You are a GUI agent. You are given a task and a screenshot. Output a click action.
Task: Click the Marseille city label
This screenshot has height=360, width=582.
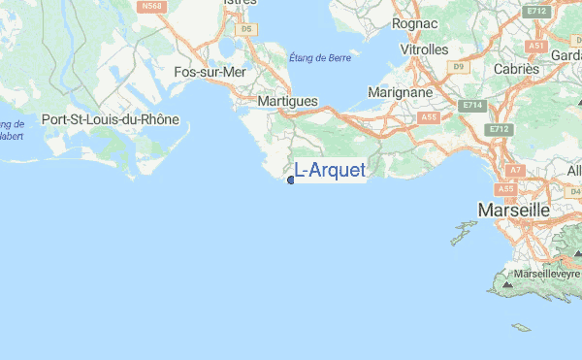pyautogui.click(x=513, y=210)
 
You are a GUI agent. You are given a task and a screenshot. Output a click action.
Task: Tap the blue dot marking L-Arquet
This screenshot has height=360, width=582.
pyautogui.click(x=291, y=180)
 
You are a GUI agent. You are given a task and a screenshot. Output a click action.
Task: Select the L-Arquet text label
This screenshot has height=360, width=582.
pyautogui.click(x=330, y=171)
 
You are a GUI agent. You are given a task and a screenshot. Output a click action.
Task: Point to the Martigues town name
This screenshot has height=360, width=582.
pyautogui.click(x=288, y=101)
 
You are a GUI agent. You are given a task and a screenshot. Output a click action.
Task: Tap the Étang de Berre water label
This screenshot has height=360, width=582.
pyautogui.click(x=321, y=58)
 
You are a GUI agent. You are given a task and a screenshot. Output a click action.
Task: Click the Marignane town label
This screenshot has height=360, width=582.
pyautogui.click(x=401, y=92)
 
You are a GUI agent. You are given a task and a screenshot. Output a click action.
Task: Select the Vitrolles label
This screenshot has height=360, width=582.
pyautogui.click(x=424, y=49)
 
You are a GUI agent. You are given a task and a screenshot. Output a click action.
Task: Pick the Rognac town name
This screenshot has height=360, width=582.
pyautogui.click(x=415, y=21)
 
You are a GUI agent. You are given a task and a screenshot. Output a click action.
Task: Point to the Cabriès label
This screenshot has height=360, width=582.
pyautogui.click(x=516, y=69)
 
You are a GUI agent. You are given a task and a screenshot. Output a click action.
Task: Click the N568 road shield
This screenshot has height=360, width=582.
pyautogui.click(x=150, y=6)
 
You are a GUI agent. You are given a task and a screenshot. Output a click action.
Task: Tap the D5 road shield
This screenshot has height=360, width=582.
pyautogui.click(x=245, y=30)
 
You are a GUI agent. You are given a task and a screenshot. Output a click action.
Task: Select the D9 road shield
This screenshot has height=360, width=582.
pyautogui.click(x=460, y=66)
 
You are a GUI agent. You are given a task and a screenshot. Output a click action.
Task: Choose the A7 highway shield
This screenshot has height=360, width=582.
pyautogui.click(x=515, y=170)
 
